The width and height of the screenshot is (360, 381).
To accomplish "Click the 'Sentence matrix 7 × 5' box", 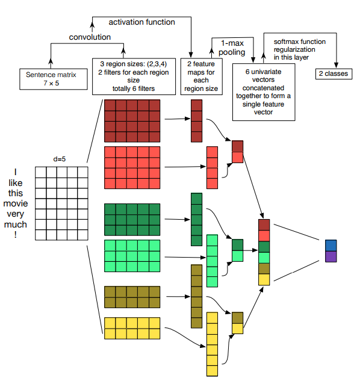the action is (x=54, y=79).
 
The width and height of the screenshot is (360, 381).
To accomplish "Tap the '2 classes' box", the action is (x=334, y=73).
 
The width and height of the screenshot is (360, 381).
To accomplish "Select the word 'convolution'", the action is (x=90, y=37).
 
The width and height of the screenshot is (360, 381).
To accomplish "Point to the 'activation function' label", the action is (x=141, y=22).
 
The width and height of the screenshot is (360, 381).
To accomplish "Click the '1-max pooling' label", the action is (x=232, y=48).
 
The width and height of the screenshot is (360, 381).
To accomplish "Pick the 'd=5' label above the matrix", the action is (x=60, y=159).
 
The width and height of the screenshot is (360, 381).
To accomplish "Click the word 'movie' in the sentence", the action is (x=16, y=203).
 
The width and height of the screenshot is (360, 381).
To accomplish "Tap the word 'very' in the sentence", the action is (x=16, y=214).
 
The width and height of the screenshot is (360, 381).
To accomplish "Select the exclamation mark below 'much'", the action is (x=16, y=235).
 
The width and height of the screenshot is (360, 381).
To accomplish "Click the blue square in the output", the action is (x=331, y=246).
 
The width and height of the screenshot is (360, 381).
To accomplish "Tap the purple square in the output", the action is (x=331, y=256).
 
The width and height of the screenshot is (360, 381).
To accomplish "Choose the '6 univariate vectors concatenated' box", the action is (x=264, y=92).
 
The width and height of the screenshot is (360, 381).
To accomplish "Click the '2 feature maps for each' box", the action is (x=201, y=76).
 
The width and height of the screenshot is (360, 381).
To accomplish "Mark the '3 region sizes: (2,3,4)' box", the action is (x=134, y=76).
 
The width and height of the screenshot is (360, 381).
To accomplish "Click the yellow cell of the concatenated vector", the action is (x=264, y=279).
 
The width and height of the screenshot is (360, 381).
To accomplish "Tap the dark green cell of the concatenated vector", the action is (x=264, y=247).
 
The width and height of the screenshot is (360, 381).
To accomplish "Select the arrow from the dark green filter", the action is (x=178, y=220).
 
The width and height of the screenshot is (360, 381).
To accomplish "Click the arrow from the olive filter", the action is (x=178, y=297).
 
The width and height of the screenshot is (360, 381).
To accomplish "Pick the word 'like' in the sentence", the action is (x=16, y=183).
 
